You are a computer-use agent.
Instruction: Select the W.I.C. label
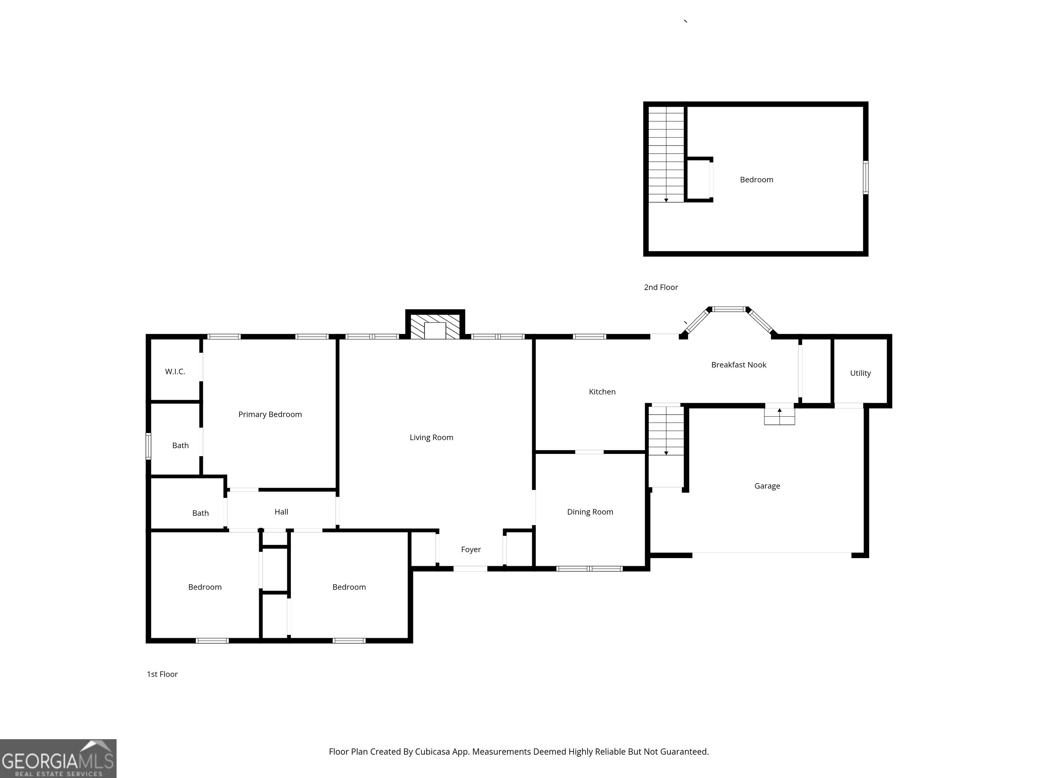[175, 372]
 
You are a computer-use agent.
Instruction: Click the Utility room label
[860, 373]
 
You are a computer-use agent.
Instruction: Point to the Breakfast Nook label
[739, 365]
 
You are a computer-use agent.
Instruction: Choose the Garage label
[767, 486]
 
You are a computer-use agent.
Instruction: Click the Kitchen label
[602, 392]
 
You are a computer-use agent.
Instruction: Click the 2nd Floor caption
[661, 287]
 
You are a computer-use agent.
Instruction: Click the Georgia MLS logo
[58, 758]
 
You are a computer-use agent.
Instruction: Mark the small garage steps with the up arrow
[780, 416]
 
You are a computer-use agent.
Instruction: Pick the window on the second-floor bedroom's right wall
[865, 177]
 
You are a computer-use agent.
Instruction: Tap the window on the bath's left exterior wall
[148, 446]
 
